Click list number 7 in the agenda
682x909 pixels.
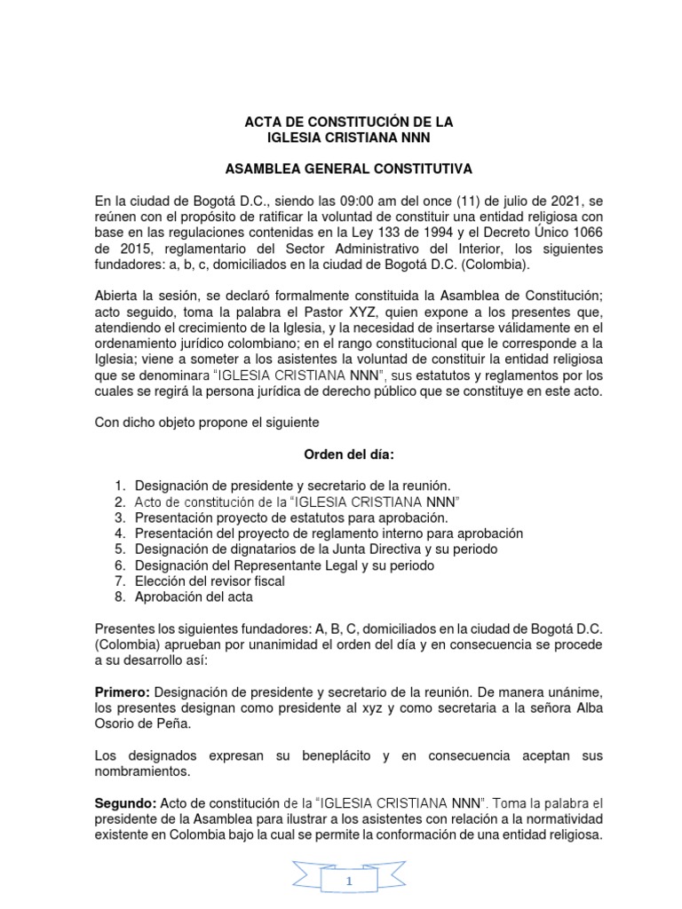[x=120, y=581]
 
